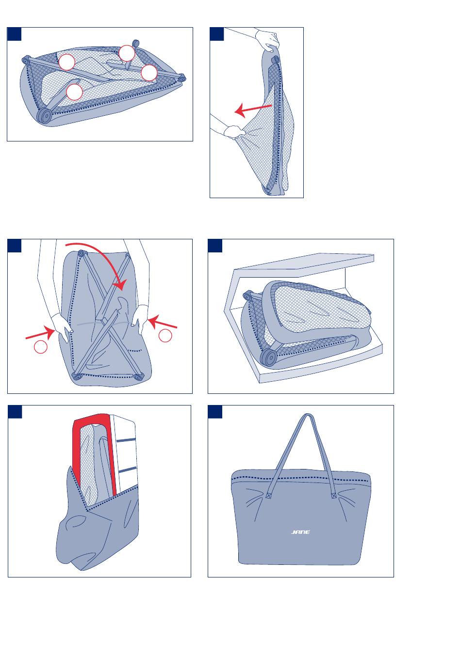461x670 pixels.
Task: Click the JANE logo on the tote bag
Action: (300, 532)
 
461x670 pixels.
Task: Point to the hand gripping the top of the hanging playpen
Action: (268, 40)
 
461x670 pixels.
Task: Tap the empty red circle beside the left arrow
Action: (40, 347)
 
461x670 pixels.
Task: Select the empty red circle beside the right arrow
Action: (165, 335)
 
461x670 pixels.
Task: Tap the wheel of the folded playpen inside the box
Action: (268, 357)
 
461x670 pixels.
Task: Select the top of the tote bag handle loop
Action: (308, 416)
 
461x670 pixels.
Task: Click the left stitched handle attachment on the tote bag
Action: (269, 495)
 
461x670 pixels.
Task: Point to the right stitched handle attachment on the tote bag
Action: (334, 495)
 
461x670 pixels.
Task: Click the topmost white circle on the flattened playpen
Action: (127, 53)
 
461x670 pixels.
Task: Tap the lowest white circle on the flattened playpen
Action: (74, 92)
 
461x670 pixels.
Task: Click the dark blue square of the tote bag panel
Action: (215, 412)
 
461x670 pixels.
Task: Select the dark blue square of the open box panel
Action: (215, 246)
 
